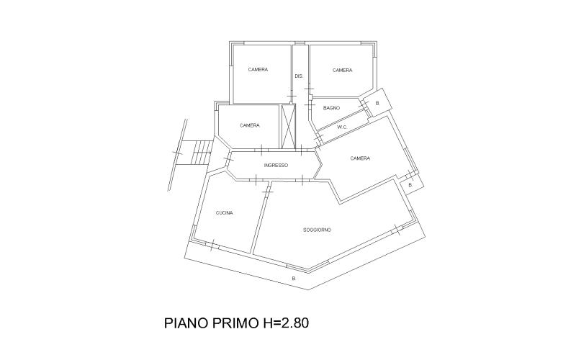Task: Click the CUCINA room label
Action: [224, 212]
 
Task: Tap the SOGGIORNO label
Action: [317, 230]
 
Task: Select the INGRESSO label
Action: [276, 166]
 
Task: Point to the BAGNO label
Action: [331, 108]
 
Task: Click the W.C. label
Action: [343, 127]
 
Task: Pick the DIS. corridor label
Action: [299, 76]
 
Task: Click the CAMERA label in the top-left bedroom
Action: [258, 69]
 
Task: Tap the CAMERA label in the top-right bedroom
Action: [343, 70]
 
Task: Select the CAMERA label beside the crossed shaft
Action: [250, 125]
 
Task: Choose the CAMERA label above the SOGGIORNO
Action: [360, 158]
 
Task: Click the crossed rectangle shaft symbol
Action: [289, 126]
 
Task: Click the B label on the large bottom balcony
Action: [294, 279]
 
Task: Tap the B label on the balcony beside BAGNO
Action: [377, 103]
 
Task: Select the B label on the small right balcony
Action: [410, 186]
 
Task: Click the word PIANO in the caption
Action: [186, 323]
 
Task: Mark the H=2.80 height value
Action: [284, 323]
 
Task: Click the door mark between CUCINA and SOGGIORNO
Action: [268, 192]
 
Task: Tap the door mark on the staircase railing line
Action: [178, 153]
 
